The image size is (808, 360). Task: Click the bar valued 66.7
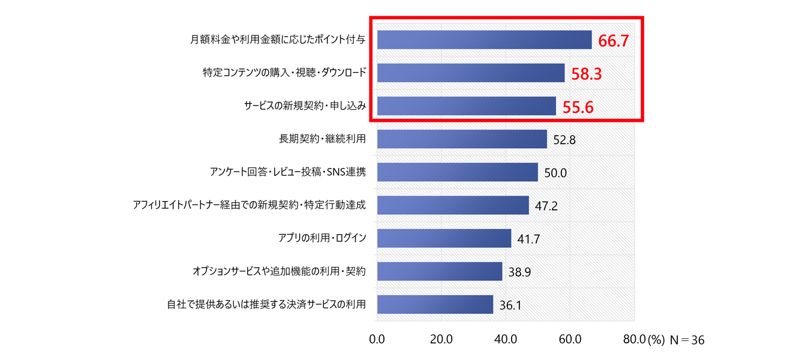click(x=484, y=40)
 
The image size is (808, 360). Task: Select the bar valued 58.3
click(x=471, y=73)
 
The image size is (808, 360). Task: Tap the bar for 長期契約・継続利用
click(x=462, y=139)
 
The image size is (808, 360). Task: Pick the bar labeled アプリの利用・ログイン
click(x=444, y=238)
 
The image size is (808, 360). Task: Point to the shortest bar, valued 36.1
click(x=435, y=304)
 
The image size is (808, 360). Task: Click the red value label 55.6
click(x=579, y=107)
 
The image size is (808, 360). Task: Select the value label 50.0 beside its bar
click(x=555, y=173)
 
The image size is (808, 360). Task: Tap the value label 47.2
click(x=546, y=206)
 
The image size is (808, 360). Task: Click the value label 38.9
click(x=519, y=272)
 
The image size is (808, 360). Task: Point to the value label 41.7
click(x=528, y=239)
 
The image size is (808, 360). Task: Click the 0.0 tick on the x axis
click(x=377, y=339)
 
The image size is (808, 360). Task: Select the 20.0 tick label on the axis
click(x=441, y=339)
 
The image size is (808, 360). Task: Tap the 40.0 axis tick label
click(x=506, y=339)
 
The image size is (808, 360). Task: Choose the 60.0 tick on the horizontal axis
click(x=570, y=339)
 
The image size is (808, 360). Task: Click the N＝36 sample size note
click(x=687, y=340)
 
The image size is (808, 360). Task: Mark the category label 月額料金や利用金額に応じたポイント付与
click(x=278, y=40)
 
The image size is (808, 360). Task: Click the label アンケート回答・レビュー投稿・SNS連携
click(x=284, y=173)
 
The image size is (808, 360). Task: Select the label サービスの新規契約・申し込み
click(x=305, y=106)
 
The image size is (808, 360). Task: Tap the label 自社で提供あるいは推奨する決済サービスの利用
click(x=266, y=305)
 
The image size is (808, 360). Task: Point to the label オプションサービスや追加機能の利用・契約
click(x=279, y=272)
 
